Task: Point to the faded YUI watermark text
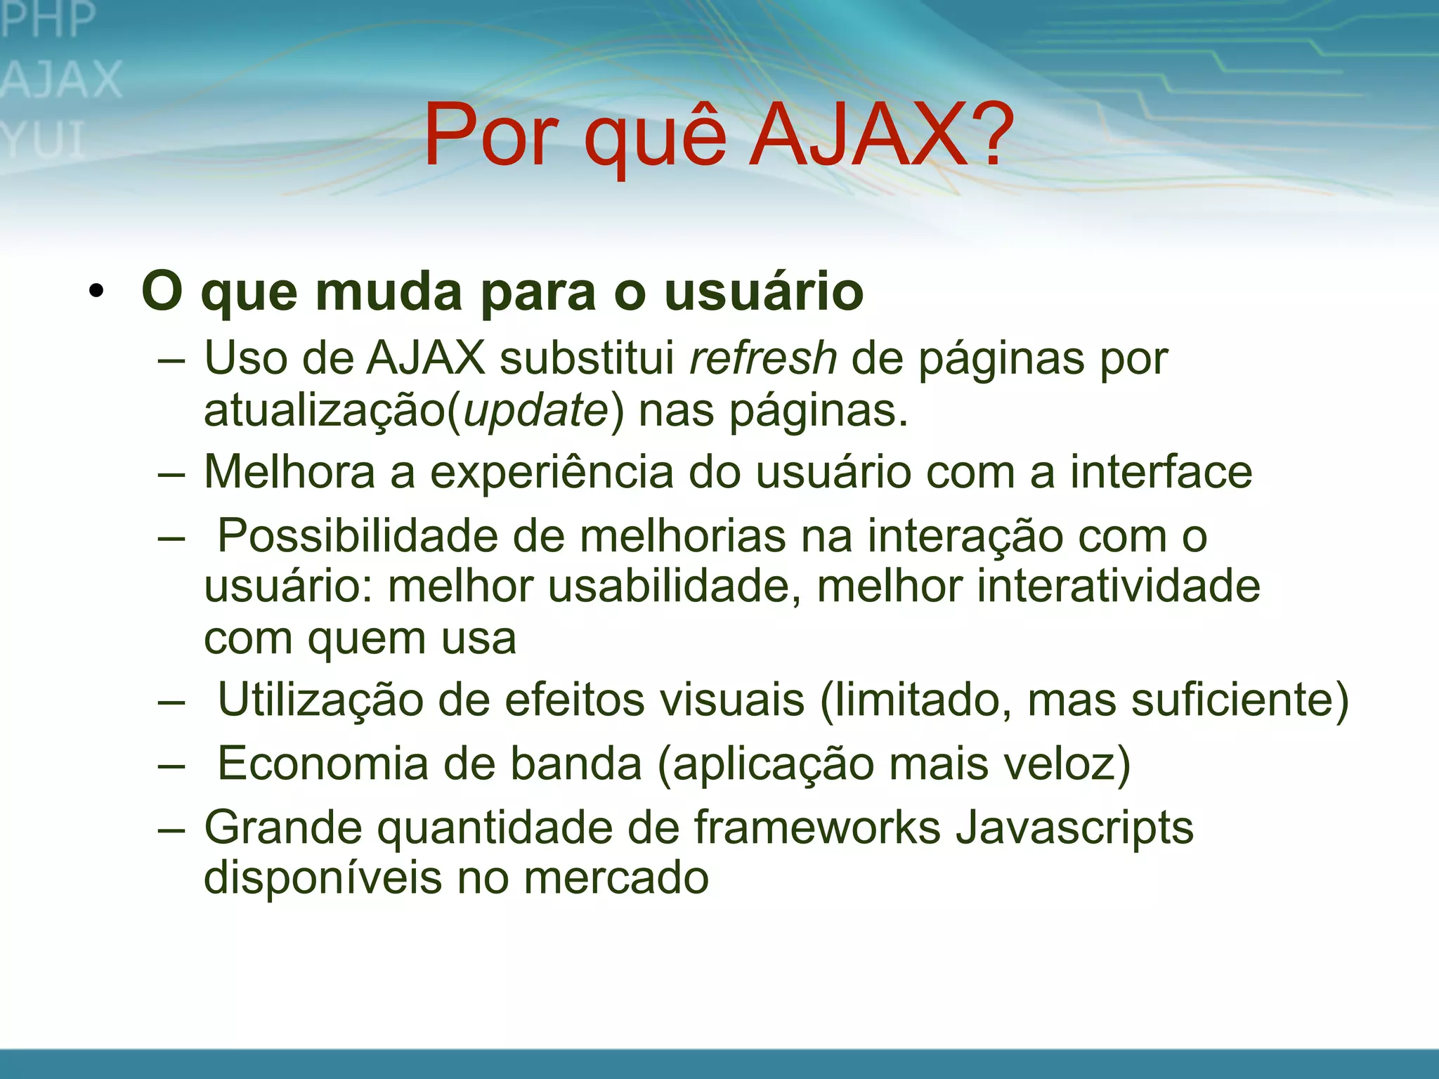[44, 140]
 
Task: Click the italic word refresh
[763, 358]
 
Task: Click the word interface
[1161, 471]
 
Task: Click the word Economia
[323, 764]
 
